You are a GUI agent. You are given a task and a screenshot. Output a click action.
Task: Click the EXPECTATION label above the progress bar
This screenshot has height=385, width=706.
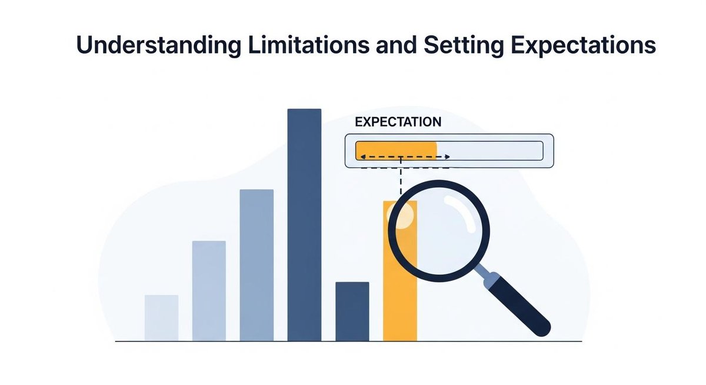click(398, 122)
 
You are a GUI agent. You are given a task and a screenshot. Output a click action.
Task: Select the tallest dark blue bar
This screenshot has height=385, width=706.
click(304, 224)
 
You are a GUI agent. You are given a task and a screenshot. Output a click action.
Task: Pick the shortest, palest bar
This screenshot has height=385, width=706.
click(161, 318)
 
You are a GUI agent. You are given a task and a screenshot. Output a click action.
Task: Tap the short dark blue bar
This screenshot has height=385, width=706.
click(352, 311)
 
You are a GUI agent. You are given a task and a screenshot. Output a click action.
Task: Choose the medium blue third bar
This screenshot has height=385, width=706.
click(257, 265)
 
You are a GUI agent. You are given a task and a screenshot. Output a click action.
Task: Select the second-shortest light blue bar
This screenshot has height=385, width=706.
click(209, 291)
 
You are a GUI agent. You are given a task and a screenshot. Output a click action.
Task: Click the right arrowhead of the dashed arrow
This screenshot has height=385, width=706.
click(448, 157)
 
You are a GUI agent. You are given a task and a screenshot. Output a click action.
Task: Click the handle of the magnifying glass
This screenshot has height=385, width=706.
click(517, 304)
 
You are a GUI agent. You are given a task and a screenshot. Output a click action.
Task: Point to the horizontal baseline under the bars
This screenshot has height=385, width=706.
click(347, 341)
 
